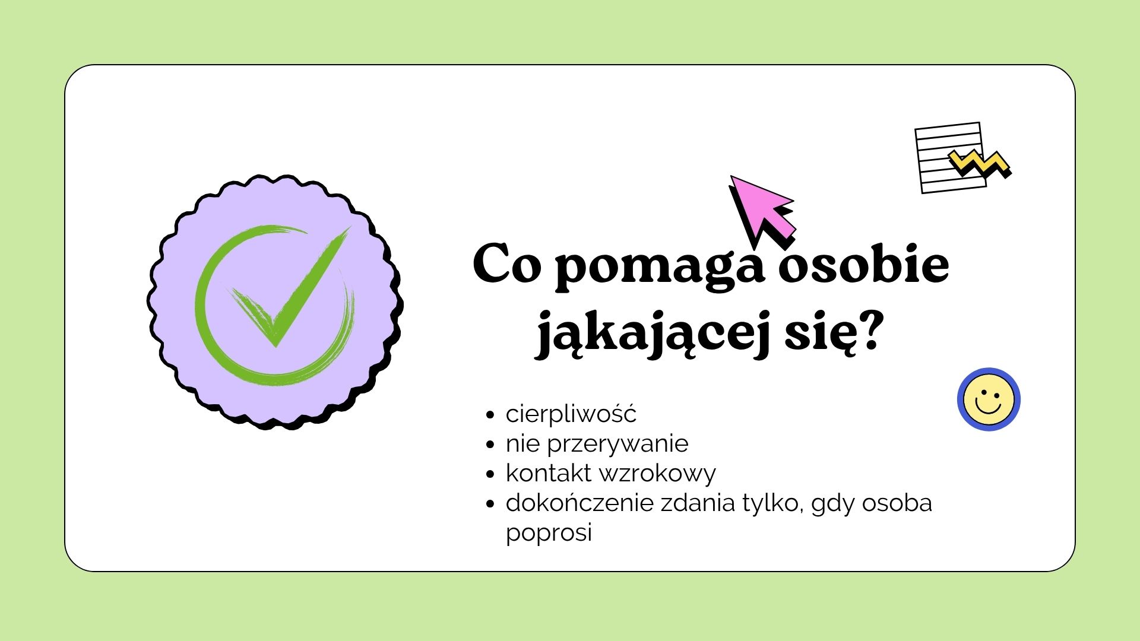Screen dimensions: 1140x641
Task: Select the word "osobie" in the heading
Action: pyautogui.click(x=864, y=264)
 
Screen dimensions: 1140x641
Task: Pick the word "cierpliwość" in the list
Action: pyautogui.click(x=571, y=414)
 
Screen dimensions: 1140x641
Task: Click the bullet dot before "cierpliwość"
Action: pyautogui.click(x=490, y=415)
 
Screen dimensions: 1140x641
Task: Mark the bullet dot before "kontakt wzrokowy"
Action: pyautogui.click(x=490, y=474)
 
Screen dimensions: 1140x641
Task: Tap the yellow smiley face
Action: pyautogui.click(x=989, y=399)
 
